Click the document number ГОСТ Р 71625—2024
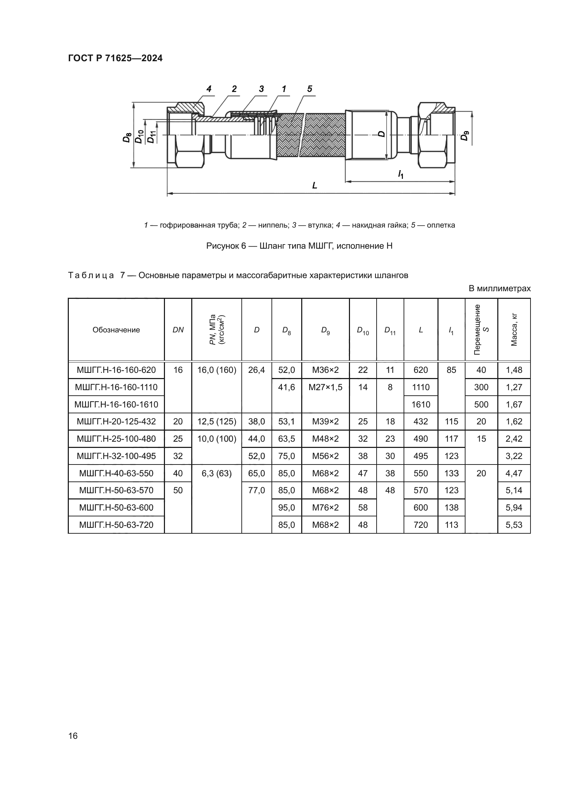click(115, 58)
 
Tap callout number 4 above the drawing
click(209, 89)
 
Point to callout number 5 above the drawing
click(310, 89)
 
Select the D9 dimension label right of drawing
click(465, 136)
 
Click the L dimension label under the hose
click(314, 185)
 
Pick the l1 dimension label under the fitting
click(400, 174)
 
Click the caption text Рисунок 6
click(299, 246)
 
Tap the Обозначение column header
click(116, 330)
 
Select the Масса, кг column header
click(514, 330)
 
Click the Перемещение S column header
click(481, 330)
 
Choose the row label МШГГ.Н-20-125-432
click(116, 421)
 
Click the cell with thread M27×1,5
click(325, 387)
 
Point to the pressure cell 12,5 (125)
click(216, 421)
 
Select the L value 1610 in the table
click(421, 405)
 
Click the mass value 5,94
click(514, 508)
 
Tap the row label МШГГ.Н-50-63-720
click(116, 525)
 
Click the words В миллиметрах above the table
click(499, 288)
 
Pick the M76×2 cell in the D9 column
click(325, 508)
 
